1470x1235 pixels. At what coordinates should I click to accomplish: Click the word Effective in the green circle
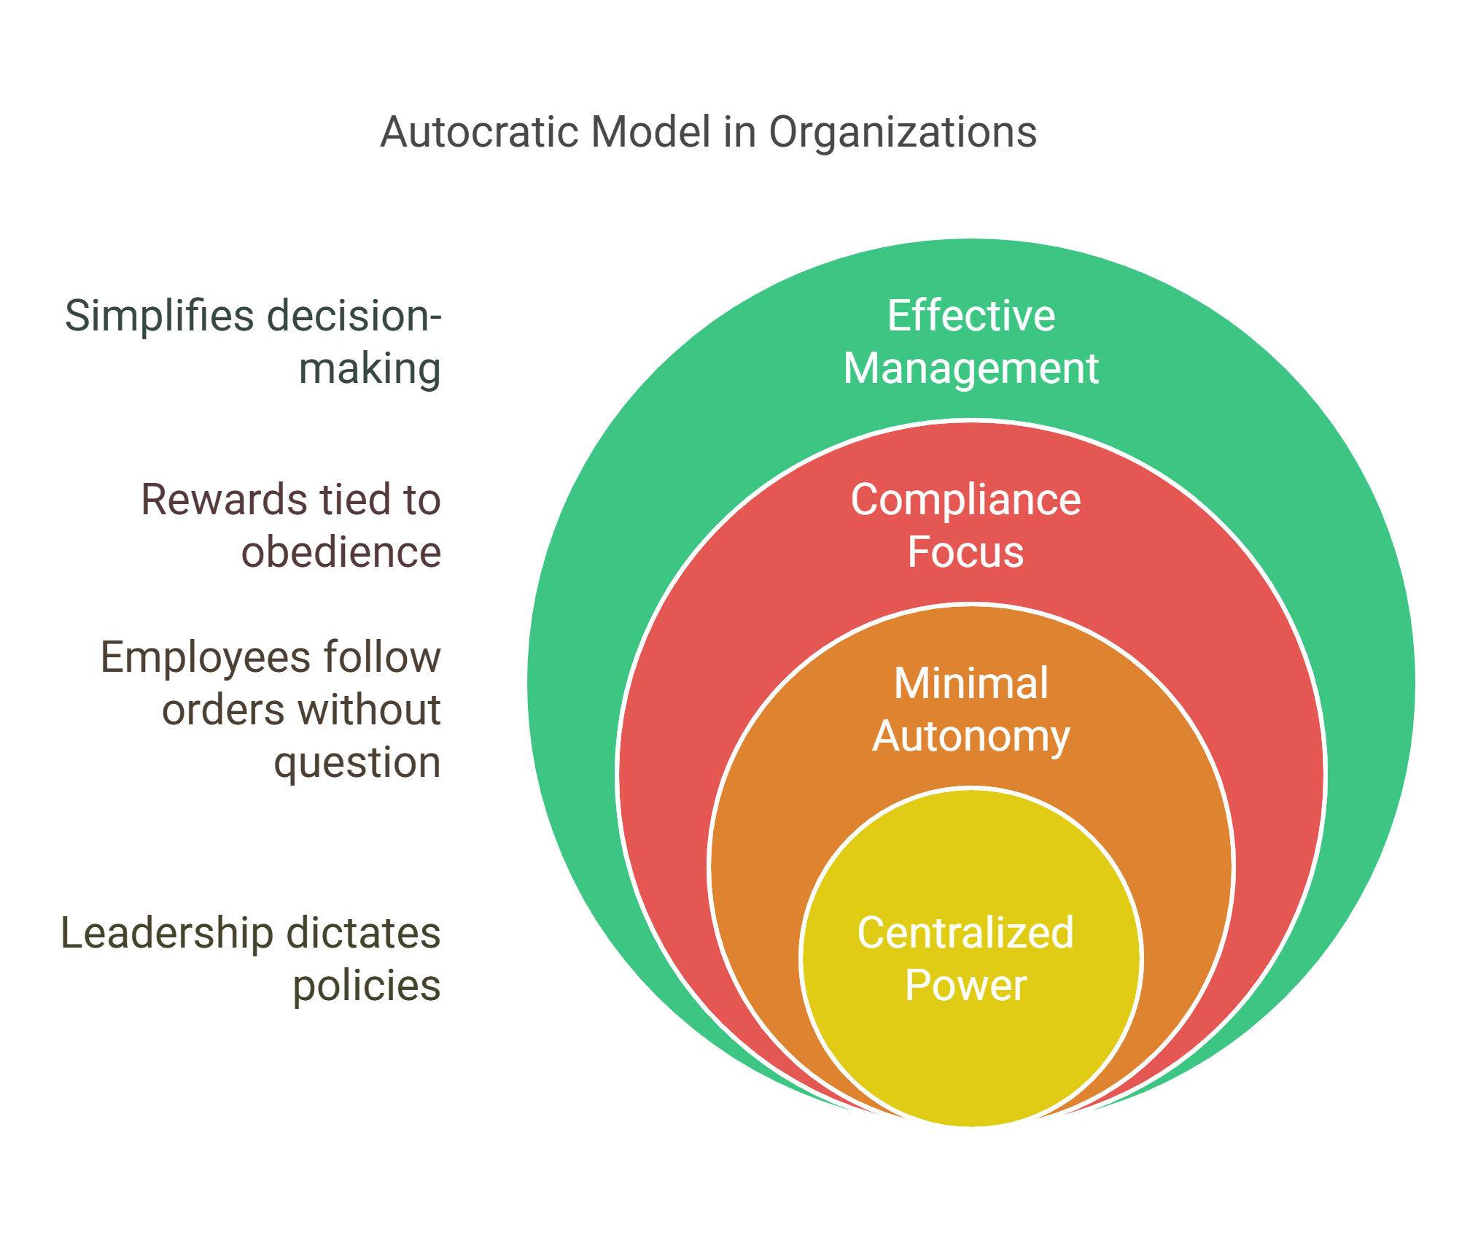[x=971, y=316]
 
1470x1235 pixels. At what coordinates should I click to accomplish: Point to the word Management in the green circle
[x=971, y=368]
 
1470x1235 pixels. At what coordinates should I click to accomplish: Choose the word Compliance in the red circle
[x=965, y=500]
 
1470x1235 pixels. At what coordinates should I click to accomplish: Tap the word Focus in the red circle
[x=965, y=552]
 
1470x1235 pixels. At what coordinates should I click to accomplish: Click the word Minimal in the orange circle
[x=971, y=684]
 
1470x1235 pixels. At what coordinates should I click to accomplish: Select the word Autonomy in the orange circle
[x=971, y=737]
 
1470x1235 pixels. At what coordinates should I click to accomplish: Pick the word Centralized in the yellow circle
[x=965, y=932]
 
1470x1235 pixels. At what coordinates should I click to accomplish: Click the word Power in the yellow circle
[x=965, y=986]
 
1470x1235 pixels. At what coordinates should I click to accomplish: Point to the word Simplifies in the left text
[x=160, y=317]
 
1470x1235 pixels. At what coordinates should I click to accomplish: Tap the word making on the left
[x=370, y=368]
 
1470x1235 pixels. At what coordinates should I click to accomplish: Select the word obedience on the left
[x=341, y=552]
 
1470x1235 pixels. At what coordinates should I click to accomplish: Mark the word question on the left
[x=357, y=763]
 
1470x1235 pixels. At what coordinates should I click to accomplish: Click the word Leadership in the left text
[x=167, y=933]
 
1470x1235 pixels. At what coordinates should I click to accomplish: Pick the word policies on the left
[x=367, y=986]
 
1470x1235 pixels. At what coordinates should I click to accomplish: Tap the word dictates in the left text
[x=364, y=933]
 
